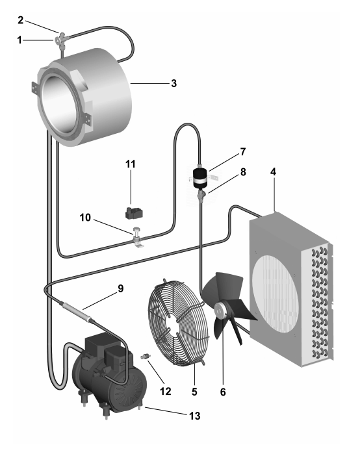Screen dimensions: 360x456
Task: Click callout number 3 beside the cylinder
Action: [x=174, y=83]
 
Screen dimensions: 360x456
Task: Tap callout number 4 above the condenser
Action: [x=273, y=172]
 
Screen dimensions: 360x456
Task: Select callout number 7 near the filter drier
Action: [x=243, y=152]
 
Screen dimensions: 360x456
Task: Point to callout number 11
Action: [x=131, y=164]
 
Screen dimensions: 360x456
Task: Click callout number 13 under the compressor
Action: [x=195, y=416]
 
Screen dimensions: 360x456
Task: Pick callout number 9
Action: [x=120, y=288]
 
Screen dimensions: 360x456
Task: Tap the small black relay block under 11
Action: [x=134, y=213]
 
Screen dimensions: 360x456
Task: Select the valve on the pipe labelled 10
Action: [x=136, y=236]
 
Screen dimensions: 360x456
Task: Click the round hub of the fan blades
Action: [x=220, y=310]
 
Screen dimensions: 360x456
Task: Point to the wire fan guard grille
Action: [x=179, y=322]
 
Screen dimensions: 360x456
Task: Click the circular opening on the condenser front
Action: [x=275, y=295]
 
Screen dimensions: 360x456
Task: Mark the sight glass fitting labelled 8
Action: [x=201, y=195]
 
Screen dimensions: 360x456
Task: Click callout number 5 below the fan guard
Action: [x=194, y=392]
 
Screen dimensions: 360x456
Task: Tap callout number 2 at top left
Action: [x=20, y=20]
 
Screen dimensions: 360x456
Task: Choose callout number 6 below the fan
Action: [x=223, y=392]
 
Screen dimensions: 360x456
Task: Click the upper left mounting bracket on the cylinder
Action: [x=36, y=87]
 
